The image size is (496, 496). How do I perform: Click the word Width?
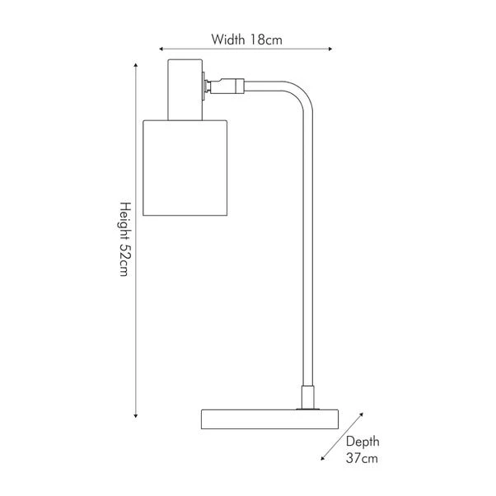click(x=227, y=40)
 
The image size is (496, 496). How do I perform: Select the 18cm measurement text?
click(x=266, y=40)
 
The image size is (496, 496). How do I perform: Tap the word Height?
click(x=124, y=220)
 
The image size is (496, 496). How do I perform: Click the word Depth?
click(x=363, y=442)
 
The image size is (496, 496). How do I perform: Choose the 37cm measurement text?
click(x=362, y=458)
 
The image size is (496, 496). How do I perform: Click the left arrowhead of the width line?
click(x=161, y=49)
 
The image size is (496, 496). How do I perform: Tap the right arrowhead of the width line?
click(x=330, y=49)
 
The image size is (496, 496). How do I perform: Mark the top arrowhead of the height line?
click(x=136, y=65)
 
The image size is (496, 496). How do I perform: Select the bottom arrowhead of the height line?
click(x=136, y=415)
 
